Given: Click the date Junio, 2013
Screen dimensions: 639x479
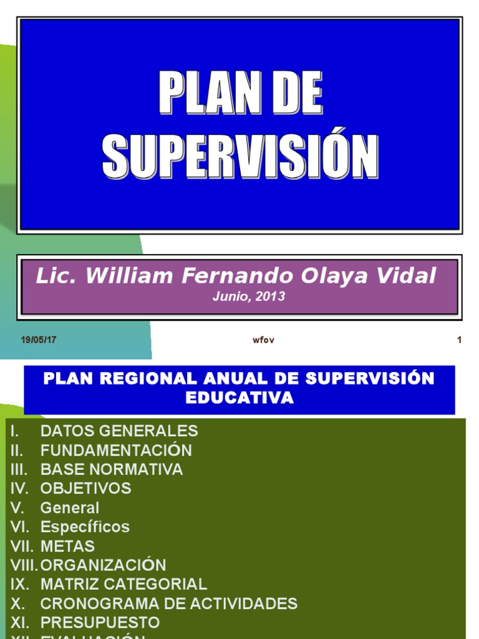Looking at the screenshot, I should [248, 297].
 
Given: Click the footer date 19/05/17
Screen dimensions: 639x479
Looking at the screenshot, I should [39, 340].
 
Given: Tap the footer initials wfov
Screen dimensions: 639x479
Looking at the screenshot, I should [263, 341].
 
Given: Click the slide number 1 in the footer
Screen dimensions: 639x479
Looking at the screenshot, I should [459, 340].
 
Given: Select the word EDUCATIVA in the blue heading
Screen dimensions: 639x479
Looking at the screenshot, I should [239, 398].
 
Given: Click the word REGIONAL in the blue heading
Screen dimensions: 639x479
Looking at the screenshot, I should [137, 378].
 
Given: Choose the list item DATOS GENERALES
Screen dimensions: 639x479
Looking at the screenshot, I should [119, 431].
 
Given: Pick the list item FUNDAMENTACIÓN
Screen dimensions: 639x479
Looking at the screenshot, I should [116, 451].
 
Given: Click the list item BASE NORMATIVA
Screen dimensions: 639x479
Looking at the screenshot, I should [112, 469].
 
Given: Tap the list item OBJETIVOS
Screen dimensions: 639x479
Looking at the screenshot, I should [86, 488].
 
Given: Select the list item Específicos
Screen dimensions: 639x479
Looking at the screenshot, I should [85, 527].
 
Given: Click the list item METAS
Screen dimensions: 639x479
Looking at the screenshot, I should [67, 546].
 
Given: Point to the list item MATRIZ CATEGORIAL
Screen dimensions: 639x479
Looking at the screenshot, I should [123, 584].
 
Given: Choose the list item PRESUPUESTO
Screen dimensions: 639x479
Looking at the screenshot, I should [100, 623].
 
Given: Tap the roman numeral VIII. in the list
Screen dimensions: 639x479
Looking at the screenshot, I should [23, 565].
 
